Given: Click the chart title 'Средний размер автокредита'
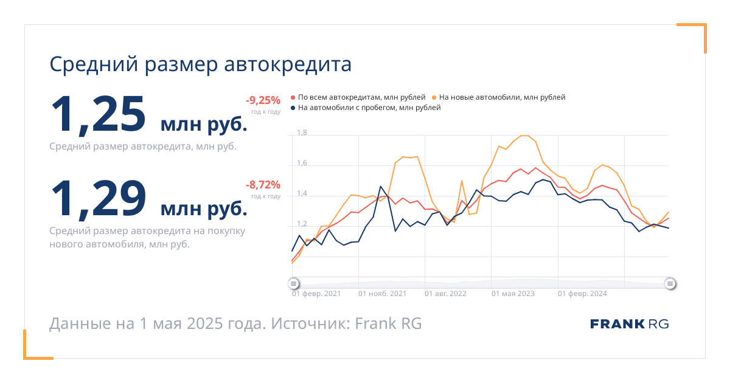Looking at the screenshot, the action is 200,64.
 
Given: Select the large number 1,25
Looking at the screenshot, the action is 98,115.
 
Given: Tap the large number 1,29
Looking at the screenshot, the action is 98,199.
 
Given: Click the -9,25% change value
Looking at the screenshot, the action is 263,100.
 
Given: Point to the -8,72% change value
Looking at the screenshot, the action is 263,185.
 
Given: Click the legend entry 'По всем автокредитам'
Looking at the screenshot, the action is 358,97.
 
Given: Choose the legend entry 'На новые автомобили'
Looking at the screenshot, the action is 499,97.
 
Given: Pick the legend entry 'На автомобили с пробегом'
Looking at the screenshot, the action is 366,108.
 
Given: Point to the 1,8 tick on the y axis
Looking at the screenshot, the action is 302,133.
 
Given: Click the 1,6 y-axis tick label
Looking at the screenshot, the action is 302,163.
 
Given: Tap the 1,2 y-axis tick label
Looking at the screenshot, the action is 302,224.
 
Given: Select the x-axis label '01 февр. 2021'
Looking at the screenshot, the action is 316,294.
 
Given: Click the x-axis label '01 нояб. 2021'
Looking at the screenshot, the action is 382,294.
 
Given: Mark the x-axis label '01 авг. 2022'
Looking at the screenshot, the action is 445,294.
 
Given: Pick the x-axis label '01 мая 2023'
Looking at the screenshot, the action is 513,294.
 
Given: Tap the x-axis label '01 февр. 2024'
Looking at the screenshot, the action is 582,294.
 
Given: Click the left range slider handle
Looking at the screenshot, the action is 294,283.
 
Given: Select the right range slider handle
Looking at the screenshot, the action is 670,283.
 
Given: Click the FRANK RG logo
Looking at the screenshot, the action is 629,324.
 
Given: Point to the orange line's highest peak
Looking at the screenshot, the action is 524,136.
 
